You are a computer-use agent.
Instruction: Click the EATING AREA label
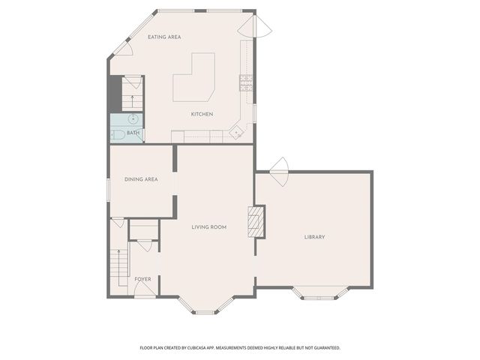click(x=164, y=37)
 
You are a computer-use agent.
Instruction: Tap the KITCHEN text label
click(x=202, y=114)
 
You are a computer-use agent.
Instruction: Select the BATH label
click(x=133, y=133)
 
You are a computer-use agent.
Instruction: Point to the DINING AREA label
click(x=141, y=179)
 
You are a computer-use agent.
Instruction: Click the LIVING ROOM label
click(x=208, y=226)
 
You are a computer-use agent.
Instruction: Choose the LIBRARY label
click(x=314, y=237)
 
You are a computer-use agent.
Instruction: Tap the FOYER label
click(x=142, y=279)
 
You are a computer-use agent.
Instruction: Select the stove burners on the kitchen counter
click(x=245, y=82)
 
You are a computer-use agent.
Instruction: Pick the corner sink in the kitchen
click(x=237, y=132)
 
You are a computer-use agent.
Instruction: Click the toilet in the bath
click(x=118, y=135)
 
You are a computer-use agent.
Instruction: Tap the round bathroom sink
click(x=133, y=118)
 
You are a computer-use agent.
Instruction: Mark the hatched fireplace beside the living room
click(x=256, y=221)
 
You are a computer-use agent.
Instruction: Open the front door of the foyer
click(x=145, y=289)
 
